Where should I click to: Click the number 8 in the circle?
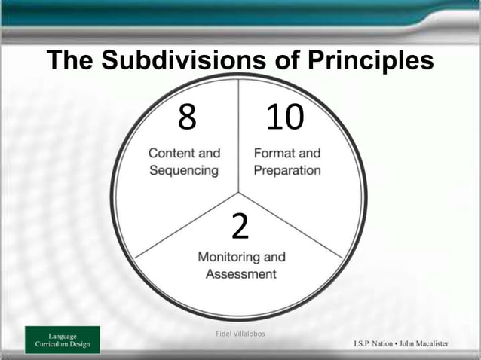[187, 117]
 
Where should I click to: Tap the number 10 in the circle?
[284, 117]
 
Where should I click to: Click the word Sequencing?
[184, 170]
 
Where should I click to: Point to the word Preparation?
[286, 170]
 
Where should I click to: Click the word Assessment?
[241, 274]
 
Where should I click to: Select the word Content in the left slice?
[173, 153]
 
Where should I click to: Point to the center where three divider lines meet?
[240, 193]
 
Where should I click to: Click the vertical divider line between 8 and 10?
[240, 136]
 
